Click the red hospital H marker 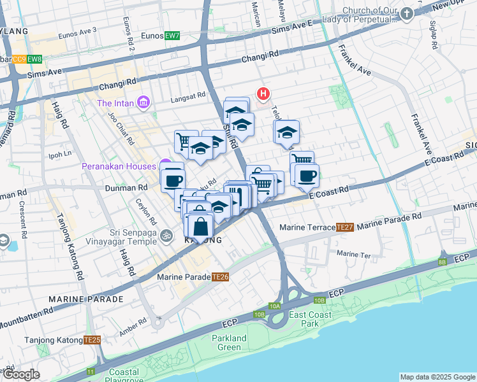263,94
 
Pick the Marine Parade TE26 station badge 221,277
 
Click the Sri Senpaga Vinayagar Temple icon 167,235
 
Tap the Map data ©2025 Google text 437,377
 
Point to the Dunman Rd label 126,188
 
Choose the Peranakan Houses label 119,166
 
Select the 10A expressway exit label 275,306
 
